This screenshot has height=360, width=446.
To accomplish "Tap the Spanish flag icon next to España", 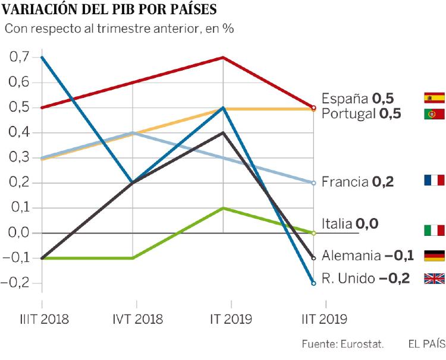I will coord(434,98).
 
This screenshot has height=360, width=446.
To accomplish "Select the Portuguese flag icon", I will coord(434,113).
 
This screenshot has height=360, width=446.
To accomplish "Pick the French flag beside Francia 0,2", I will coord(434,181).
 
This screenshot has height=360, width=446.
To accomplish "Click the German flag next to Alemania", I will coord(434,256).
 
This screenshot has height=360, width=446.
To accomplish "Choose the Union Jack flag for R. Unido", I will coord(434,278).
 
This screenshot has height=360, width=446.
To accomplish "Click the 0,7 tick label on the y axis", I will coord(20,57).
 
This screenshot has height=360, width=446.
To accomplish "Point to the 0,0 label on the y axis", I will coord(20,232).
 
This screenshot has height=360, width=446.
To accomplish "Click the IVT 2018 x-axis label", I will coord(133,320).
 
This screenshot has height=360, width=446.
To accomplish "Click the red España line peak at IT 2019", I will coord(223,58).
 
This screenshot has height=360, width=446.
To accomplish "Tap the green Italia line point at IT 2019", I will coord(223,208).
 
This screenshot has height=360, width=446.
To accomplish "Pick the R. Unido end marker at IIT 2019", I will coord(313,283).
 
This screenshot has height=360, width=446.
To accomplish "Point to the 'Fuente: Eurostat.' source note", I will coord(343,344).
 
